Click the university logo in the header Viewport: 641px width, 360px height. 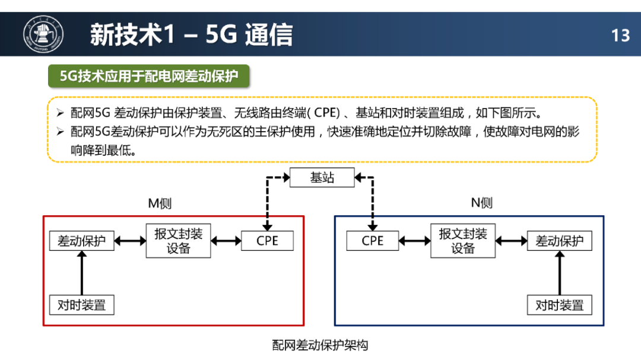coord(43,34)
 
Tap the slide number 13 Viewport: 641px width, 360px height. coord(620,36)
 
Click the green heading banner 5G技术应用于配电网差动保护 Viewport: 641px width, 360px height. coord(149,76)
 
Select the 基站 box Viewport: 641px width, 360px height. coord(322,177)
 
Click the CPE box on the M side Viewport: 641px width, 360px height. coord(267,241)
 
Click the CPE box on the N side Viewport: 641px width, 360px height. coord(372,241)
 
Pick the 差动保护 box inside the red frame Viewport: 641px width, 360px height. coord(82,241)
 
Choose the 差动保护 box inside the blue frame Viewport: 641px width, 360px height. coord(560,241)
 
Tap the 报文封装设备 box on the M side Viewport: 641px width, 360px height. coord(178,241)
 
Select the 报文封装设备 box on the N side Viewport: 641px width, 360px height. coord(463,241)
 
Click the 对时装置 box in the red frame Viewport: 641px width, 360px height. coord(82,305)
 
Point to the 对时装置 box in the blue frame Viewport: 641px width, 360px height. coord(560,305)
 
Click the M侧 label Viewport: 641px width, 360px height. coord(160,203)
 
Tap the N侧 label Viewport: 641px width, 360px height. coord(482,203)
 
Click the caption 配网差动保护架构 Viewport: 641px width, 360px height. coord(320,345)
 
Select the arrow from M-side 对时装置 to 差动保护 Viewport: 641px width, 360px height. coord(82,273)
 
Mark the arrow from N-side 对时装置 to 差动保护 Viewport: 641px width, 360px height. coord(560,273)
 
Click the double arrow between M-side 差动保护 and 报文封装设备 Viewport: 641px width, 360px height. coord(130,241)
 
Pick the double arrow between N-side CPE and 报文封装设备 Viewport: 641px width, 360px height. coord(414,241)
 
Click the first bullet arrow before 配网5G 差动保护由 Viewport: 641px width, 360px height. coord(61,112)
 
